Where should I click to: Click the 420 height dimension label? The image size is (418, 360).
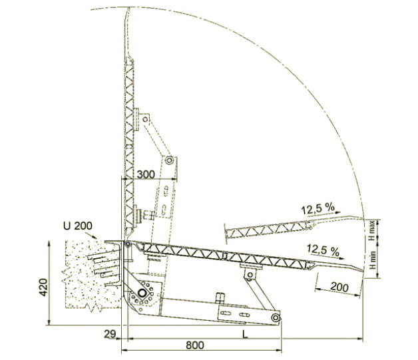[43, 287]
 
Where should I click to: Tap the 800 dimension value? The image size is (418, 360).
[195, 345]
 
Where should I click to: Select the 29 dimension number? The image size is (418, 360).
[110, 334]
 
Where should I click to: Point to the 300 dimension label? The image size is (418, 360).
[146, 174]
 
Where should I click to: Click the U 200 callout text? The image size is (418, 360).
[78, 226]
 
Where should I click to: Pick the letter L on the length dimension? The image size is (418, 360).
[245, 335]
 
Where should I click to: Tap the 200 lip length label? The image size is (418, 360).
[339, 287]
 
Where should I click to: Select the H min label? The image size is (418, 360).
[373, 260]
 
